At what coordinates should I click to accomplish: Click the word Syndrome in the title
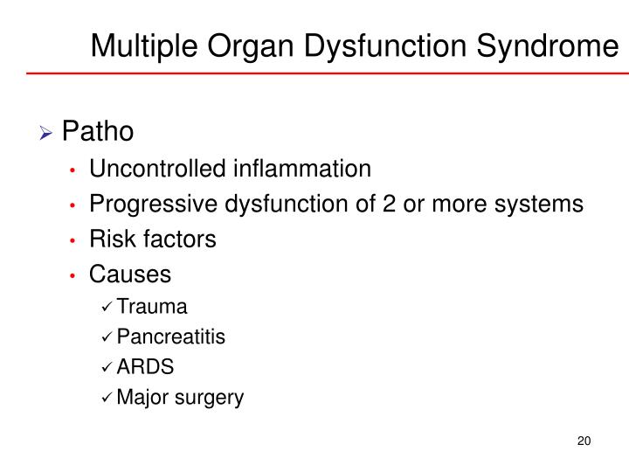pos(551,45)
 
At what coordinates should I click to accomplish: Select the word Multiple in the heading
pos(143,45)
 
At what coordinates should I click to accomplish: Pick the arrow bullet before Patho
pos(71,133)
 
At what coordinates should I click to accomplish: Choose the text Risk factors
pos(152,239)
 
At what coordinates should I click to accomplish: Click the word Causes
pos(130,274)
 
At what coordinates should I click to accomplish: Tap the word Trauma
pos(152,307)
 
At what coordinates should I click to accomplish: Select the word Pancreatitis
pos(171,337)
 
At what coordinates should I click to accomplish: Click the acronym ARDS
pos(140,368)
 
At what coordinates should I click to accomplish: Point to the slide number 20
pos(584,440)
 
